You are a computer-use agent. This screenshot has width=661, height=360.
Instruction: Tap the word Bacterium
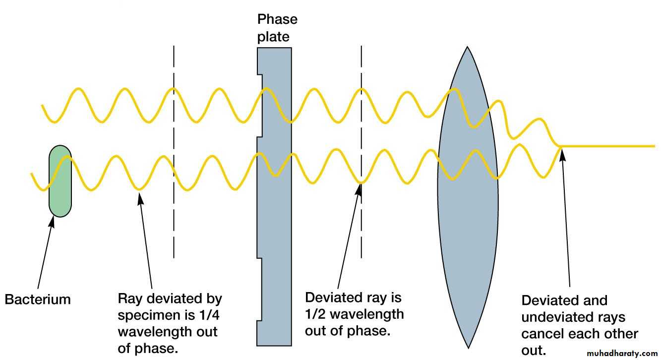pyautogui.click(x=38, y=300)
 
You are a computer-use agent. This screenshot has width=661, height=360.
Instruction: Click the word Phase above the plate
pyautogui.click(x=277, y=19)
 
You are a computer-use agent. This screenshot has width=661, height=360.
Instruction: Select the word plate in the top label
pyautogui.click(x=273, y=36)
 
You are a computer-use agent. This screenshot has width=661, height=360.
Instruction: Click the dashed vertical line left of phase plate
pyautogui.click(x=174, y=223)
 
